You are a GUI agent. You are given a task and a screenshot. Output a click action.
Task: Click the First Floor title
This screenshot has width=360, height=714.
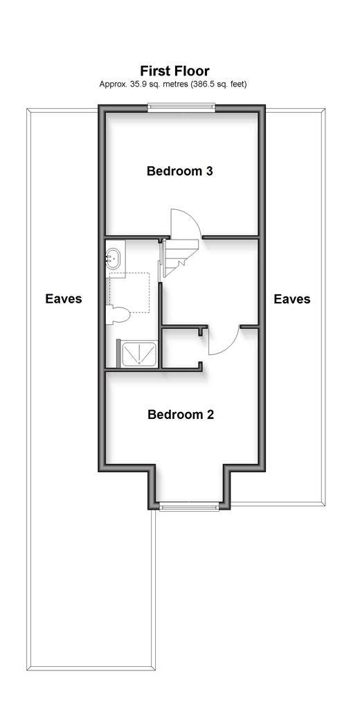tap(174, 71)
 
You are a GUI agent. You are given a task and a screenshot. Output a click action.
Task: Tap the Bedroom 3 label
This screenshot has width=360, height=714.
tap(180, 171)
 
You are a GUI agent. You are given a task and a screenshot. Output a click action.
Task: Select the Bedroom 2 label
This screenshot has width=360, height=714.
tap(181, 414)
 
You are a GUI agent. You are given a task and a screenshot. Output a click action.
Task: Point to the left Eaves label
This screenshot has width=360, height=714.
tap(64, 298)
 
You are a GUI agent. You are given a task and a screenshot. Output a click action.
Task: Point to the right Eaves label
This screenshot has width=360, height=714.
tap(292, 298)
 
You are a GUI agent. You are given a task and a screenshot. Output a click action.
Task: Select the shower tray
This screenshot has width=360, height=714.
tap(139, 355)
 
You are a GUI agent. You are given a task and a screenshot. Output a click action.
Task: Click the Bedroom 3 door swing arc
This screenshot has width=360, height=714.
tap(191, 217)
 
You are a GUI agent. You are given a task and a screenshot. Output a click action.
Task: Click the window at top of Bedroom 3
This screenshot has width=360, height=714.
tap(181, 107)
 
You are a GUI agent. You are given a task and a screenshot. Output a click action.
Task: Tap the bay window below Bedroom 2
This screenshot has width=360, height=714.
tap(189, 506)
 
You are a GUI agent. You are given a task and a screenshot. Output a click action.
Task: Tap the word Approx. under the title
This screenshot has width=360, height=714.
tap(110, 84)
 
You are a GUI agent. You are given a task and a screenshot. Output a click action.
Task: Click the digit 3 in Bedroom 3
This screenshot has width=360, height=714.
tap(209, 171)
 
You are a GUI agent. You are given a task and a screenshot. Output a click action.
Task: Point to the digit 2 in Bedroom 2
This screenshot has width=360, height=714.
tap(210, 414)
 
